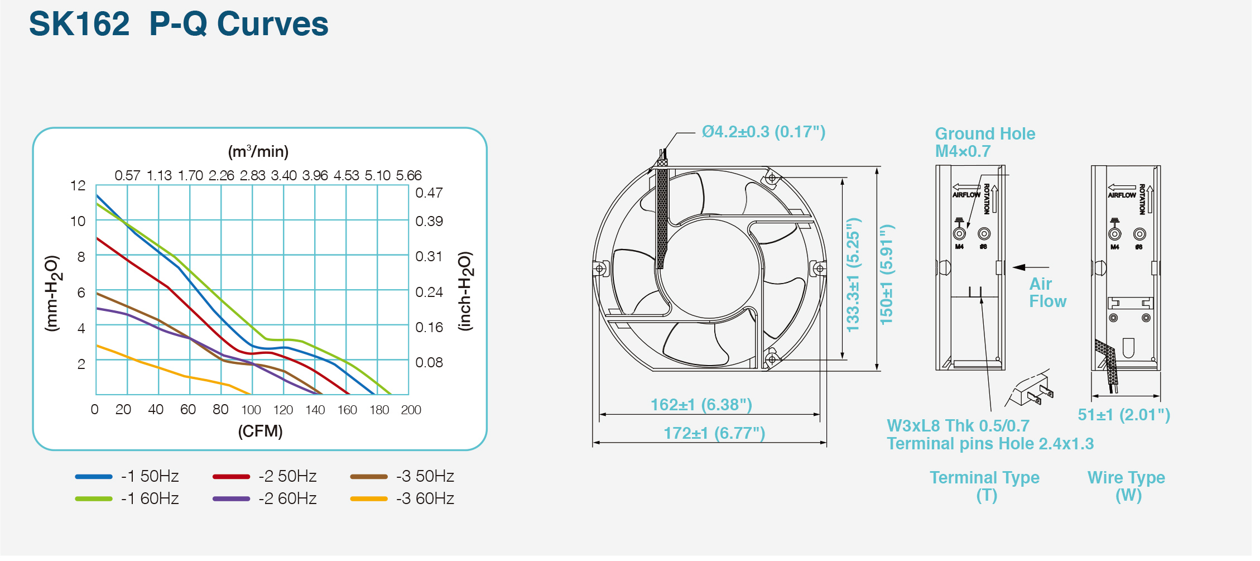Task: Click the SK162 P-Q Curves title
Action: (x=179, y=24)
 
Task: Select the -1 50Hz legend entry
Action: (x=127, y=476)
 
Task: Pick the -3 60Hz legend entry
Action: (x=402, y=498)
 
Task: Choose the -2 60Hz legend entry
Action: (x=264, y=498)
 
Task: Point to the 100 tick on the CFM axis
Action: (x=251, y=410)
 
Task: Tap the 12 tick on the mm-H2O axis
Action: (x=78, y=185)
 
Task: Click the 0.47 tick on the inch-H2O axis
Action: (x=429, y=193)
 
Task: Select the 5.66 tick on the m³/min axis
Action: (x=409, y=175)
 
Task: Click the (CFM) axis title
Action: (x=261, y=431)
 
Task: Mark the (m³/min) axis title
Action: (x=258, y=151)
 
